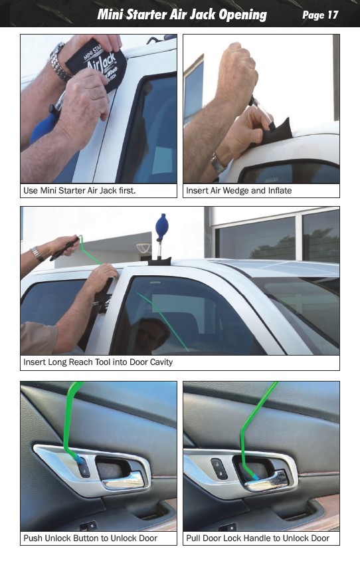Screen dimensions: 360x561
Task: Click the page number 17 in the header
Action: point(333,15)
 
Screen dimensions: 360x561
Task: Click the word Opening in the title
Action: point(242,15)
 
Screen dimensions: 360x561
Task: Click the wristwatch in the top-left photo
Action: point(60,62)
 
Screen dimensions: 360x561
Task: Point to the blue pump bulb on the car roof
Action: point(161,224)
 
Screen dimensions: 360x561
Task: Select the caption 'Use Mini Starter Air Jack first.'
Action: point(79,190)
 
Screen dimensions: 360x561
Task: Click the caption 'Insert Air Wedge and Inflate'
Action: point(239,190)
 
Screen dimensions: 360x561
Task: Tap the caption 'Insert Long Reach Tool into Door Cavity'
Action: point(98,362)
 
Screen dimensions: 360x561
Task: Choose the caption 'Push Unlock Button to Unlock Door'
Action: point(90,538)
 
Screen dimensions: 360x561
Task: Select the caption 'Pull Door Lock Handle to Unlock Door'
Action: point(258,538)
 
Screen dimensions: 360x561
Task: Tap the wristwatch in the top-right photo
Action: point(217,164)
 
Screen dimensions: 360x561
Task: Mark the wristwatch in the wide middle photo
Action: point(37,254)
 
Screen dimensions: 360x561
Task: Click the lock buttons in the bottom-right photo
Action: point(218,469)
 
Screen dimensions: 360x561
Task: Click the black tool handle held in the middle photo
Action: point(64,248)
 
